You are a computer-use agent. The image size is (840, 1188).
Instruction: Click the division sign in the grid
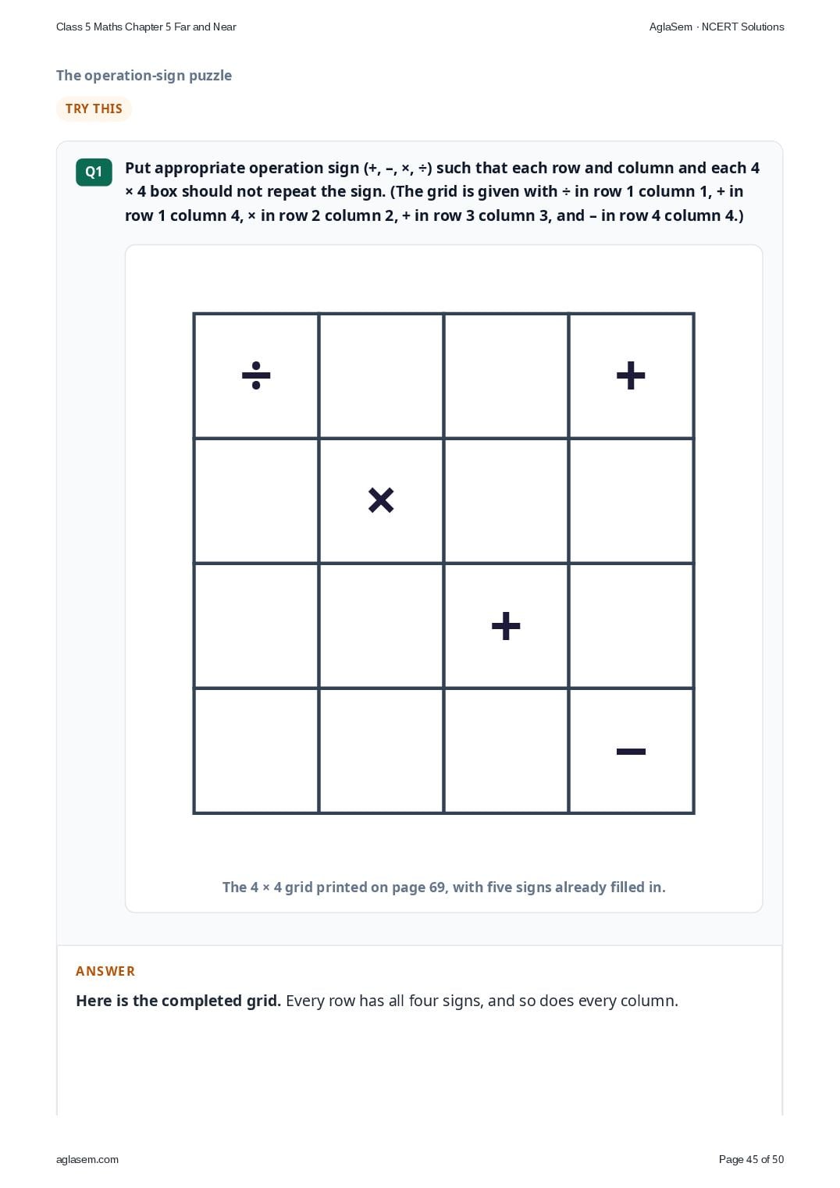point(256,375)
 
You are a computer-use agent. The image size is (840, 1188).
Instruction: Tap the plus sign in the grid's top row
point(631,375)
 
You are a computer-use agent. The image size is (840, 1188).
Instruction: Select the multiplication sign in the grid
point(381,500)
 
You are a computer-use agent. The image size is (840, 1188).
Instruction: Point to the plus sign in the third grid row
point(506,626)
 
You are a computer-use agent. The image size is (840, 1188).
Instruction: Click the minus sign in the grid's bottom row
point(631,751)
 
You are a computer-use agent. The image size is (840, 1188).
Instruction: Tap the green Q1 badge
point(94,172)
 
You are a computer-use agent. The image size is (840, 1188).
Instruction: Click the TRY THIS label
point(94,108)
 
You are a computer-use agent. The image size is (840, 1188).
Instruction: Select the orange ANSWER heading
point(105,971)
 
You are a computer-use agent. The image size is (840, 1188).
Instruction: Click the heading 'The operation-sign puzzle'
point(144,75)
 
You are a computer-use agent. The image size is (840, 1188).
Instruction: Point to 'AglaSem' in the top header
point(671,27)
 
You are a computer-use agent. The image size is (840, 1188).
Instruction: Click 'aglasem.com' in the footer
point(87,1159)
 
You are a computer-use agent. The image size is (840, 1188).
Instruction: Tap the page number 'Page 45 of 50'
point(751,1159)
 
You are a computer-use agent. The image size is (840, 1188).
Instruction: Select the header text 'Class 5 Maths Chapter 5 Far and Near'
point(146,27)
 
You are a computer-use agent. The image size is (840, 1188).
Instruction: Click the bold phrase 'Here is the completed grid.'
point(178,1001)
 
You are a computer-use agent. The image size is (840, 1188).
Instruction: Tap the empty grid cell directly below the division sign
point(256,500)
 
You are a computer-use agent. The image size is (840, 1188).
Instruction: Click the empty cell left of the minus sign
point(506,751)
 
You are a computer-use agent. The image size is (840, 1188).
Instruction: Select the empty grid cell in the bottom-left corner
point(256,751)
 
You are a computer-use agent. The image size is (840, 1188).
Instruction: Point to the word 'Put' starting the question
point(138,168)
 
